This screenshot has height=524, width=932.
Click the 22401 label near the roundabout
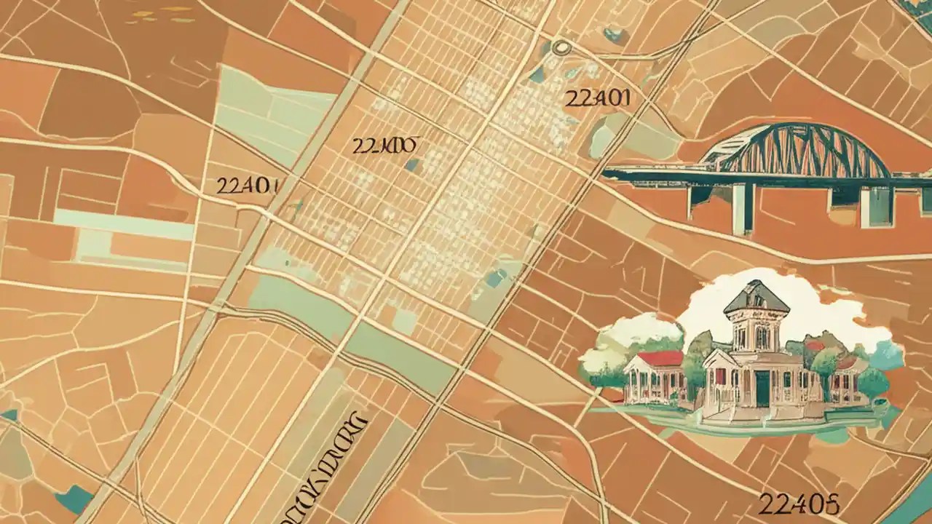coord(597,98)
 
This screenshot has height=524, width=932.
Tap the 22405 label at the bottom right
coord(799,503)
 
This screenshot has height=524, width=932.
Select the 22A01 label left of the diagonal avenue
coord(247,186)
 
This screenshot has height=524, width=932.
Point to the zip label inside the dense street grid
coord(384,146)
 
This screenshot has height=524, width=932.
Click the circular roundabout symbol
coord(561,48)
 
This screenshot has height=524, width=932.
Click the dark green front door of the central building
coord(762,389)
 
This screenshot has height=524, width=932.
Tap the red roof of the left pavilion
coord(659,359)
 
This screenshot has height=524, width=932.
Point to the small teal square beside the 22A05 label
coord(412,165)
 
